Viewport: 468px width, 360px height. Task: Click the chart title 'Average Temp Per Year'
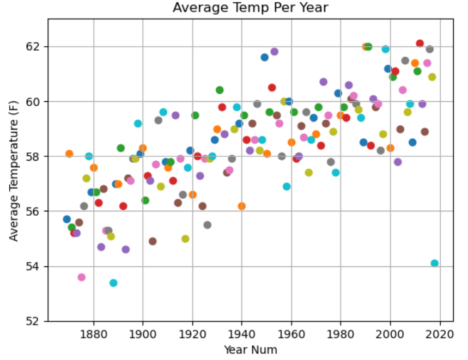pyautogui.click(x=251, y=8)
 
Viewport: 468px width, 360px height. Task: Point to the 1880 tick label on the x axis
pyautogui.click(x=93, y=333)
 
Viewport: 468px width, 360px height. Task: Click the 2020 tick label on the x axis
pyautogui.click(x=439, y=333)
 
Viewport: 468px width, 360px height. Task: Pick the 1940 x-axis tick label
pyautogui.click(x=241, y=333)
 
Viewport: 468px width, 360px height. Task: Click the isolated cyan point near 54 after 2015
pyautogui.click(x=434, y=263)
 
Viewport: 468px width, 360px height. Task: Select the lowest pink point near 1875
pyautogui.click(x=81, y=277)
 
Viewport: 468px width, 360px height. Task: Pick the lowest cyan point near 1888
pyautogui.click(x=113, y=283)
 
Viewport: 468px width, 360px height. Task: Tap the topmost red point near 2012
pyautogui.click(x=420, y=44)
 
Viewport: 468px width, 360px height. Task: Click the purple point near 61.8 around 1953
pyautogui.click(x=274, y=52)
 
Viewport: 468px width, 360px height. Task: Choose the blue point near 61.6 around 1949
pyautogui.click(x=264, y=57)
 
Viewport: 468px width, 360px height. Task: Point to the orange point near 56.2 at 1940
pyautogui.click(x=241, y=206)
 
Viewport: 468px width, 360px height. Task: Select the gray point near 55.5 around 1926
pyautogui.click(x=207, y=225)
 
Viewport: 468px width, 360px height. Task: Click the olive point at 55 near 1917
pyautogui.click(x=185, y=239)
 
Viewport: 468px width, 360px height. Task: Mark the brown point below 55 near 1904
pyautogui.click(x=153, y=241)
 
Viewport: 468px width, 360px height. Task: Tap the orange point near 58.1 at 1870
pyautogui.click(x=69, y=154)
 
